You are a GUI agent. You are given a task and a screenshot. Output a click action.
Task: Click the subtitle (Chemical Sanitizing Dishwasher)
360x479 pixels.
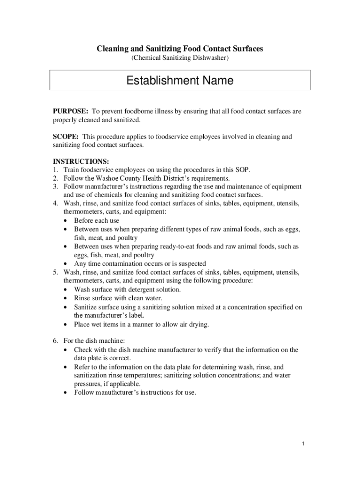tap(180, 58)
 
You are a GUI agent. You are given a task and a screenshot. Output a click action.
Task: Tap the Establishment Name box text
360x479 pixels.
tap(180, 81)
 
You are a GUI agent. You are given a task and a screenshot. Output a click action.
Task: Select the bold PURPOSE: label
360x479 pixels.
tap(70, 111)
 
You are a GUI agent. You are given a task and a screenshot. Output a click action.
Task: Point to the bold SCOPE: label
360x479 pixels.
tap(66, 137)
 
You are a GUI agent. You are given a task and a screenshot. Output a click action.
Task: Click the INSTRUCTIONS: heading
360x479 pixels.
tap(81, 161)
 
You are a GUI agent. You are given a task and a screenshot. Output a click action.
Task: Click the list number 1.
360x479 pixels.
tap(55, 170)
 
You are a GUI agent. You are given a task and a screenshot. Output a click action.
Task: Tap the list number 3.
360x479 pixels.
tap(55, 187)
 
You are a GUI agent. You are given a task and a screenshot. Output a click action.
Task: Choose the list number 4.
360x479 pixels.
tap(55, 203)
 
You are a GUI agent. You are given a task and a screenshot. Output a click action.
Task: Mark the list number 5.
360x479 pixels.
tap(55, 272)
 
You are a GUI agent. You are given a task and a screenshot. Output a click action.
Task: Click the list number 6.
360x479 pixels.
tap(55, 341)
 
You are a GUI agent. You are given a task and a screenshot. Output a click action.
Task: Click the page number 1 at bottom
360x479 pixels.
tap(303, 443)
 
